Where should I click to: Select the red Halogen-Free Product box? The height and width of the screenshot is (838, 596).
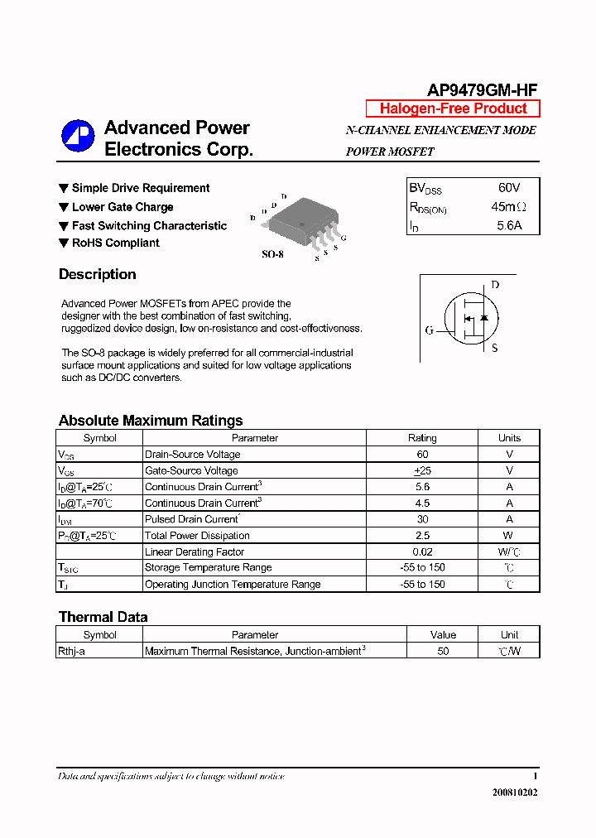point(453,108)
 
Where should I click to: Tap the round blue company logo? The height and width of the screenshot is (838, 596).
point(78,137)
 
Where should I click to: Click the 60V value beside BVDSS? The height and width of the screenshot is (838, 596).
point(509,188)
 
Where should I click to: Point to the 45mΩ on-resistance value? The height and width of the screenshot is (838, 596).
point(508,207)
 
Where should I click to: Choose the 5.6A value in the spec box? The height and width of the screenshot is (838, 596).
point(509,225)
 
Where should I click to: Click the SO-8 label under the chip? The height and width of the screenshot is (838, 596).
point(272,255)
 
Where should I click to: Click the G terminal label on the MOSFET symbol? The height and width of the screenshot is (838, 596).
point(429,330)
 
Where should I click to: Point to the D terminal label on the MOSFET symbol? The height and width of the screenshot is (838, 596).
point(495,286)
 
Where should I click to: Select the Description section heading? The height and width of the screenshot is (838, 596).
point(97,275)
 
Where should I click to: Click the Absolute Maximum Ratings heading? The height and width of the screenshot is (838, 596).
point(151,421)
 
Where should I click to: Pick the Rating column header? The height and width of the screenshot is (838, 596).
point(422,438)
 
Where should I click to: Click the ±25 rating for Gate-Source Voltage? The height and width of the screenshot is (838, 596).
point(422,470)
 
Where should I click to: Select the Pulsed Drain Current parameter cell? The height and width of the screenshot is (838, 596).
point(192,519)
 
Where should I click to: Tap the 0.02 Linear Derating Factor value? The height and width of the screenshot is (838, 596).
point(422,551)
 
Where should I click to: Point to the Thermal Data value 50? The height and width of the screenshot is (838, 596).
point(443,652)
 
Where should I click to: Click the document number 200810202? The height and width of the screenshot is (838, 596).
point(514,792)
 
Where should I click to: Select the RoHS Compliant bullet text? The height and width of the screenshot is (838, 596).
point(115,243)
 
